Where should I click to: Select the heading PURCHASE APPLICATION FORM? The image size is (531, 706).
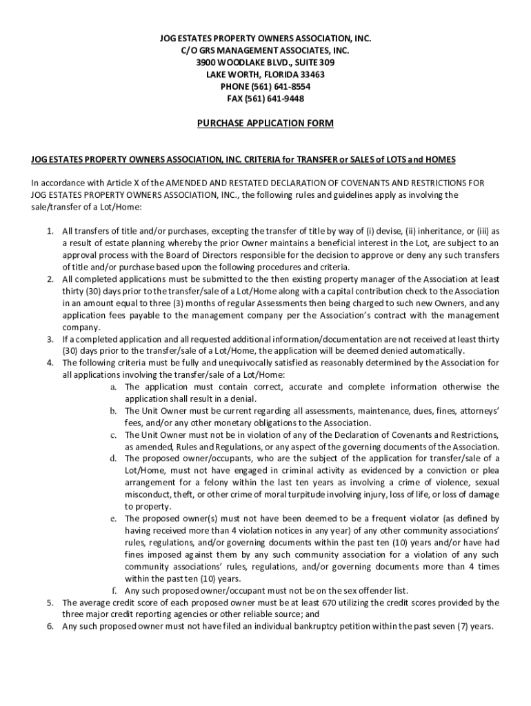tap(265, 123)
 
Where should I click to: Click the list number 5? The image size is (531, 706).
tap(50, 603)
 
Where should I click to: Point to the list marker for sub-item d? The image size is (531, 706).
tap(113, 458)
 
